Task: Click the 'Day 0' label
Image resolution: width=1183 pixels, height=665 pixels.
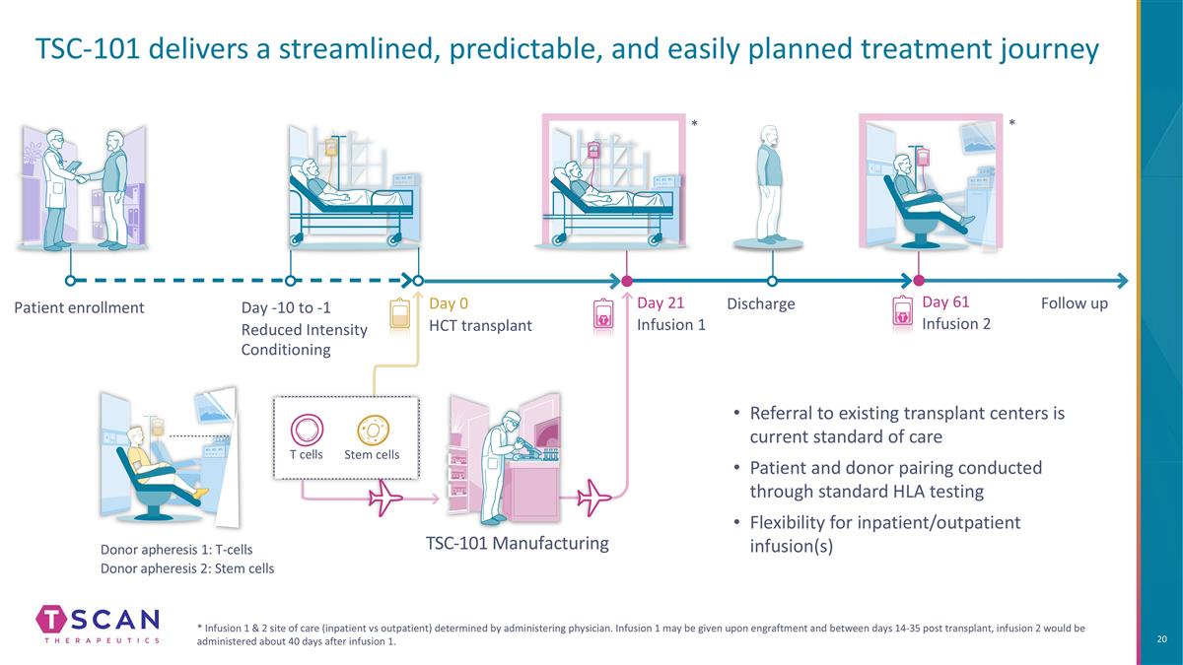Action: click(449, 304)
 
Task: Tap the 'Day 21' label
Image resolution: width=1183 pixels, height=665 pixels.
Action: click(661, 303)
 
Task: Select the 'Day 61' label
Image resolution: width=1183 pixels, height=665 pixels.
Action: click(945, 302)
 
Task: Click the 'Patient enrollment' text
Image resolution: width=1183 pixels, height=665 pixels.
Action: click(79, 307)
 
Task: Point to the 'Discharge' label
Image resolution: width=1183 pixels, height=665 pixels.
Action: click(760, 303)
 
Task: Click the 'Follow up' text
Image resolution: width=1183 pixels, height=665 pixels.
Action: click(1074, 303)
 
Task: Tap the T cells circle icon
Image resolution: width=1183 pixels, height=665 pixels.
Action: click(306, 431)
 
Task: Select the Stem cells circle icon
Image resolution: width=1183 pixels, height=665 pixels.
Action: click(373, 431)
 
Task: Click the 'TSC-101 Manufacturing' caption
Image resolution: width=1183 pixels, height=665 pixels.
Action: click(517, 543)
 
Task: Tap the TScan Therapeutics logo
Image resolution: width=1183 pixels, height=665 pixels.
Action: click(97, 624)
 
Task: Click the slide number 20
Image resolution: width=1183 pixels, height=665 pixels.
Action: click(1162, 640)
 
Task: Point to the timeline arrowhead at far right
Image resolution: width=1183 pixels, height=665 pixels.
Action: click(1121, 280)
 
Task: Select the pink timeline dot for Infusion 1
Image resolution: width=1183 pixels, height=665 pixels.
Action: click(627, 280)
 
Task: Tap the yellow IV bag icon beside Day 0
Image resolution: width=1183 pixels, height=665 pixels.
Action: click(401, 314)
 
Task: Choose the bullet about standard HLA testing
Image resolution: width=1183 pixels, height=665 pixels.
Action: click(894, 479)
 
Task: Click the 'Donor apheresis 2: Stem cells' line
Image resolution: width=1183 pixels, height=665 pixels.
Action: click(187, 568)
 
